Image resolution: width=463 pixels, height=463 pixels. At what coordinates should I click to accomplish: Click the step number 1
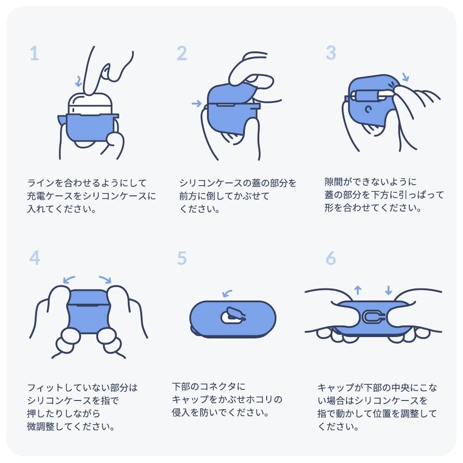click(34, 53)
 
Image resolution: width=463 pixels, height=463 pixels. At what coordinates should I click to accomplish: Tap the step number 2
click(182, 53)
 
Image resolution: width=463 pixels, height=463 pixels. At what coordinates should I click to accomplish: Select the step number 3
click(331, 53)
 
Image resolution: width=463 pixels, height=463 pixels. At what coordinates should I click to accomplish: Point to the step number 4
click(35, 258)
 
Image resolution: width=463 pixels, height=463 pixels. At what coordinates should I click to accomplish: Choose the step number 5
click(182, 258)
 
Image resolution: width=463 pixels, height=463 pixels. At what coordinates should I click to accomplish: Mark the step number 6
click(331, 258)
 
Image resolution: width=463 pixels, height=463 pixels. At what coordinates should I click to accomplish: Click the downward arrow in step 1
click(79, 81)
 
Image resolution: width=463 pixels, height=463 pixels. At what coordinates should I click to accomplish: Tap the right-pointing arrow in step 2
click(197, 103)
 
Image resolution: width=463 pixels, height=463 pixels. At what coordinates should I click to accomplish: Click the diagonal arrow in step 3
click(406, 77)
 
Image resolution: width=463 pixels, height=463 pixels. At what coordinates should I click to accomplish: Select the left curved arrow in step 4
click(69, 279)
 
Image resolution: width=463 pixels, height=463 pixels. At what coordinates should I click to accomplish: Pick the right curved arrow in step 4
click(106, 279)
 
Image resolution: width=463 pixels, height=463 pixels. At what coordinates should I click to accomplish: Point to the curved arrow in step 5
click(227, 293)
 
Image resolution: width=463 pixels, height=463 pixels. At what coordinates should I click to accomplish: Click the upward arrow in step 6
click(358, 290)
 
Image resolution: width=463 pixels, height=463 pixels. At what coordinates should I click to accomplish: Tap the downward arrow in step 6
click(388, 290)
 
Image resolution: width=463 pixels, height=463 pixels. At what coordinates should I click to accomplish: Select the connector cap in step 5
click(233, 315)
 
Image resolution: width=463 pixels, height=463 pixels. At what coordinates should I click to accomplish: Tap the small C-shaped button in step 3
click(368, 109)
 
